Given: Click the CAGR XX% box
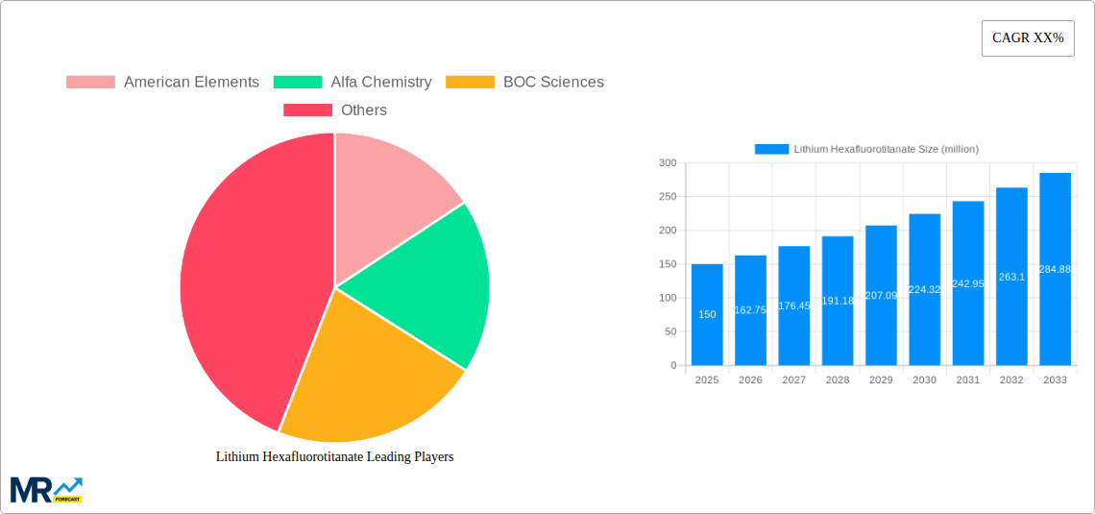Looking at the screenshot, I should [x=1028, y=38].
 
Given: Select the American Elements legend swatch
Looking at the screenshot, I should [x=90, y=83].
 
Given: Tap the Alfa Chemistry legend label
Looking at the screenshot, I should [x=380, y=83].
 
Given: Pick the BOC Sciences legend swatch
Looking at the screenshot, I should [x=471, y=83].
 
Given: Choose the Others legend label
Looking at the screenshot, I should [x=363, y=110].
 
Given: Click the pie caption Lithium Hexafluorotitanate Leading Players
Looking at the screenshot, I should [x=334, y=457].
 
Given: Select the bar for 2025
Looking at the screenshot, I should [x=707, y=315].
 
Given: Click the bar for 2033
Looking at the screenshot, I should [x=1055, y=269].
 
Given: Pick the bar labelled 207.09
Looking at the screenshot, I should [x=881, y=295].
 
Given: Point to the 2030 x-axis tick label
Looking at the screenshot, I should [x=924, y=380].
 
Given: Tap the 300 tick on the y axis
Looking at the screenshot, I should [x=667, y=163].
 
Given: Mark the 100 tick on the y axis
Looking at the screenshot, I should [x=667, y=298].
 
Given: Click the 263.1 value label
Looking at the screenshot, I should [x=1011, y=277].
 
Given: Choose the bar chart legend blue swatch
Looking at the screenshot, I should [x=771, y=149].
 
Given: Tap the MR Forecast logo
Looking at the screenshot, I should [x=46, y=489].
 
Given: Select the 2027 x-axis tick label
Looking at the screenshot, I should [x=794, y=380].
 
